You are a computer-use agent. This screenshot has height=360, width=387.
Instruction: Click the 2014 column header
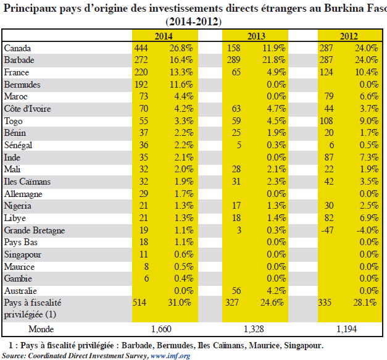164,36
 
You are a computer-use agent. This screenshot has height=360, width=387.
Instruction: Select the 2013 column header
256,36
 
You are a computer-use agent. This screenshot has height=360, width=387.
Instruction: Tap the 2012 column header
349,36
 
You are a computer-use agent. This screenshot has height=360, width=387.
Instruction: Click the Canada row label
17,48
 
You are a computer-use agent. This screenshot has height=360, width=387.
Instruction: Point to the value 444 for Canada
141,48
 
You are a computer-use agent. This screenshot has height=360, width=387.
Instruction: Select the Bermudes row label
22,85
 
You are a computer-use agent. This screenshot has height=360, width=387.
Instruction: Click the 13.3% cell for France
181,72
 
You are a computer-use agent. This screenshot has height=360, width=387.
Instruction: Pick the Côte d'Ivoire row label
27,109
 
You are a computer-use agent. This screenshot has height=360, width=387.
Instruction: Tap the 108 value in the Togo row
327,121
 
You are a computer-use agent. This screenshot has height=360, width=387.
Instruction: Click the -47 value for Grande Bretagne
327,230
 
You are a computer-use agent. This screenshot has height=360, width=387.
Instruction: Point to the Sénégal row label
18,145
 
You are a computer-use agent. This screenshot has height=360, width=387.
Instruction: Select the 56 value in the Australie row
236,291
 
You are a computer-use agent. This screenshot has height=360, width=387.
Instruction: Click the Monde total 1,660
161,329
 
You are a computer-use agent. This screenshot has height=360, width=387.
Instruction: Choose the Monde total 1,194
347,329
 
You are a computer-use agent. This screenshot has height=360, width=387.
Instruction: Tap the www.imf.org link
170,356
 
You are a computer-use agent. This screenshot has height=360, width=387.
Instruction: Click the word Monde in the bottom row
41,329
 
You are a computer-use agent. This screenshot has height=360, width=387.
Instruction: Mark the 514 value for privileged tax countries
139,303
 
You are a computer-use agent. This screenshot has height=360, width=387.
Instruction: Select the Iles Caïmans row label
27,182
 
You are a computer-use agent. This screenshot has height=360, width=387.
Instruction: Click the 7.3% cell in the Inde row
368,157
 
